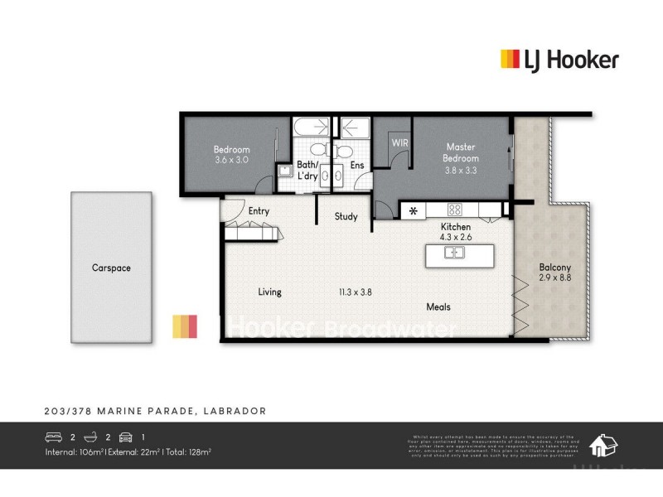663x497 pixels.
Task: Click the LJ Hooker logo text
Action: [571, 59]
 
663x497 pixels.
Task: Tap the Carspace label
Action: [111, 268]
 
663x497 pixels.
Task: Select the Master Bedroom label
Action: [461, 152]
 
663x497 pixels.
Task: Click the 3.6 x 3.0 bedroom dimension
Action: [231, 159]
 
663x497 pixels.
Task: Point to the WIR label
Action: [399, 142]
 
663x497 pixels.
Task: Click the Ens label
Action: [357, 166]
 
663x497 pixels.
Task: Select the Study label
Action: [346, 217]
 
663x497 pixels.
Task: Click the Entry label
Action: [259, 211]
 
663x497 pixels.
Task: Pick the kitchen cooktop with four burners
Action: [454, 210]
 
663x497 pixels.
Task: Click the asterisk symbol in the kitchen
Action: [413, 210]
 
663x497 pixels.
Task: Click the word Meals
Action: [438, 307]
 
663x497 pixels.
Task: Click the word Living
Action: [269, 292]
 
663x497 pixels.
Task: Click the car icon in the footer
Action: [126, 436]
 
